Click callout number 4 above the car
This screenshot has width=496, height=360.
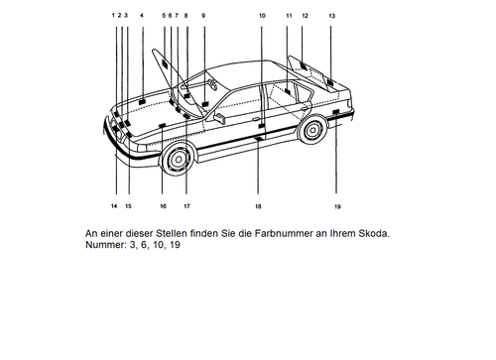pyautogui.click(x=143, y=16)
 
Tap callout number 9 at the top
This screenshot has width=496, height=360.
pyautogui.click(x=202, y=16)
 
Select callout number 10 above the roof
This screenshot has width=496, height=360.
pyautogui.click(x=262, y=16)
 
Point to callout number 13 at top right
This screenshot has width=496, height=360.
pyautogui.click(x=331, y=16)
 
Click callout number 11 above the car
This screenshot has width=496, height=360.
pyautogui.click(x=289, y=16)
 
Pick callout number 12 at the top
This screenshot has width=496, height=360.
pyautogui.click(x=305, y=16)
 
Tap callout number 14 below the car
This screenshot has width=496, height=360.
pyautogui.click(x=114, y=205)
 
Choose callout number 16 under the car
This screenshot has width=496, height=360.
pyautogui.click(x=163, y=205)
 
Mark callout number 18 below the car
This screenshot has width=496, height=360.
pyautogui.click(x=258, y=206)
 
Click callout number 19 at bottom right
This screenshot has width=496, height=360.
pyautogui.click(x=337, y=206)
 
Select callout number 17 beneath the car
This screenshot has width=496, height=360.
pyautogui.click(x=186, y=205)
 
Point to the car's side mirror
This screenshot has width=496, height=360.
pyautogui.click(x=219, y=115)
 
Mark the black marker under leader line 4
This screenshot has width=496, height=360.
pyautogui.click(x=143, y=101)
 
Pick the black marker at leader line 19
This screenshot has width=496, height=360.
pyautogui.click(x=336, y=115)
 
